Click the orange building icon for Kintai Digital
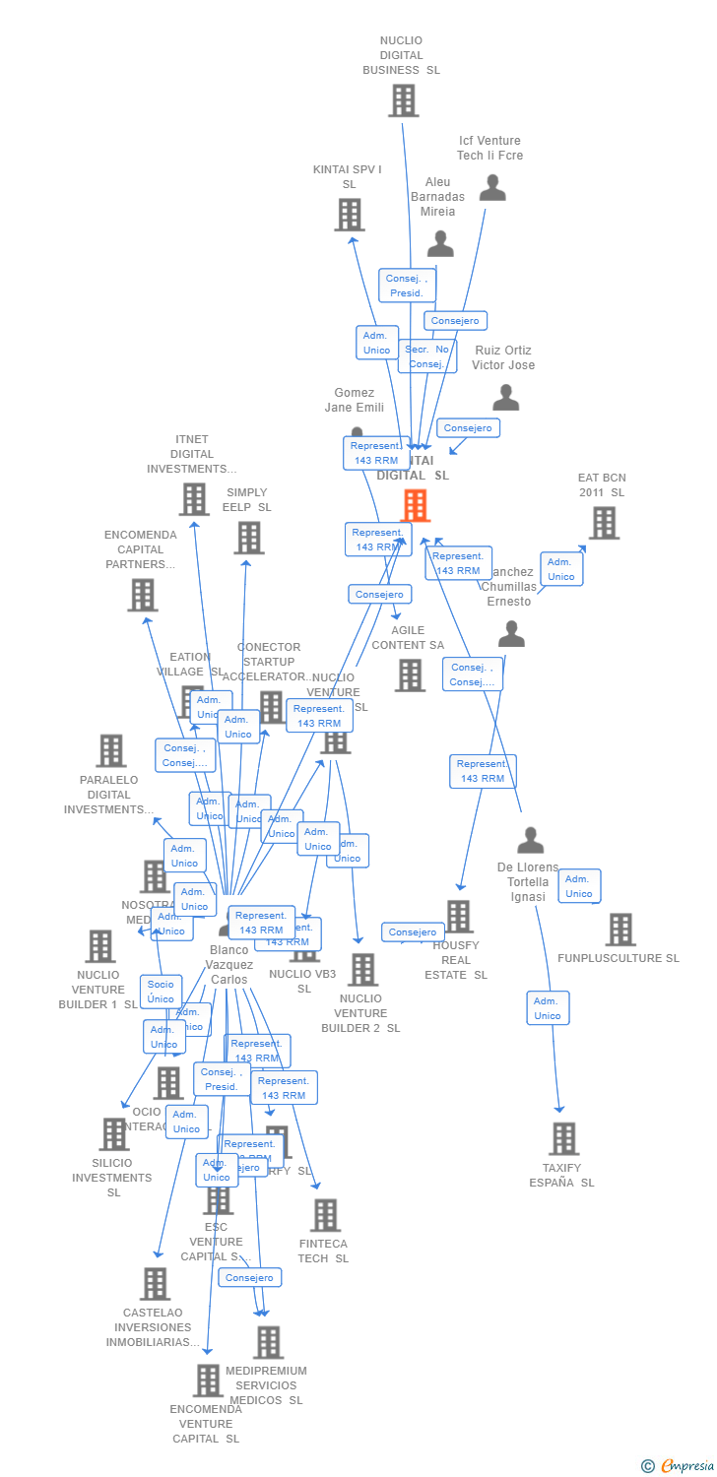(416, 505)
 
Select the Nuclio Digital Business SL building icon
(403, 100)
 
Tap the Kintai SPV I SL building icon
(349, 215)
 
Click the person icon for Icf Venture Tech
(492, 188)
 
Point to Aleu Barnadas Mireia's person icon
(440, 243)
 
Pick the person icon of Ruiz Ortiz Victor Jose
(506, 398)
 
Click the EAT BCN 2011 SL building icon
(604, 523)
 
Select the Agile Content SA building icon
(410, 675)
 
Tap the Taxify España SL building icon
(563, 1139)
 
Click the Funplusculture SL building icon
(620, 930)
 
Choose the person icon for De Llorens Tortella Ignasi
(531, 841)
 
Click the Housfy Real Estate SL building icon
(458, 917)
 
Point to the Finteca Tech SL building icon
(325, 1216)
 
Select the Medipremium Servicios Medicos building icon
(268, 1342)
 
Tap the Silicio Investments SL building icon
(114, 1134)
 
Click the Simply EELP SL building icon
(249, 538)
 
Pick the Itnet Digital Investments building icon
(194, 499)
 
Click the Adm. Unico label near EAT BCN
(561, 569)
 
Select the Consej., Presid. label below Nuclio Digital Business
(406, 286)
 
